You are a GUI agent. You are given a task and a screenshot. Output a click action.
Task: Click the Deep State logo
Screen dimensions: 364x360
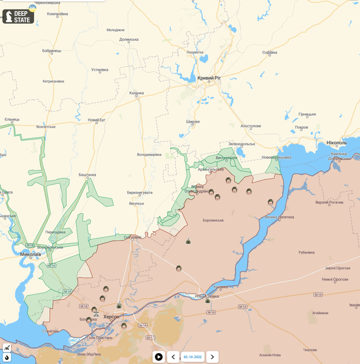[x=18, y=16]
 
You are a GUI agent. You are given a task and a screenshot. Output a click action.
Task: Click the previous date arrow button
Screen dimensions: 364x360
[x=173, y=357]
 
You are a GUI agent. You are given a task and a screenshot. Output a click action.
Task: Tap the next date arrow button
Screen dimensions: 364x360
[x=212, y=357]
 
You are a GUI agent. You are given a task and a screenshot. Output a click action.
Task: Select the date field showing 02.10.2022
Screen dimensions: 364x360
[x=192, y=357]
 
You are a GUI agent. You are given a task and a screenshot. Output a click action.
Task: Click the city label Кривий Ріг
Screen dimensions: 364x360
[x=209, y=78]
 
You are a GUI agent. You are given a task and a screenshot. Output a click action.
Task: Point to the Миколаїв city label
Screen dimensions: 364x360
[x=30, y=254]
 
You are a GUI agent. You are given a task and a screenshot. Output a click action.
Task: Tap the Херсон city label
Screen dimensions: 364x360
[x=111, y=317]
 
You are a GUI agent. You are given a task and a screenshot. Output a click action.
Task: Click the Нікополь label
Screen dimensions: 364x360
[x=336, y=143]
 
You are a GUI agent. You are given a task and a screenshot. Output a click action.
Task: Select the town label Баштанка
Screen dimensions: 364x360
[x=87, y=175]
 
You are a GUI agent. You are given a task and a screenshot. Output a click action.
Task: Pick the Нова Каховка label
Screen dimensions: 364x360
[x=208, y=296]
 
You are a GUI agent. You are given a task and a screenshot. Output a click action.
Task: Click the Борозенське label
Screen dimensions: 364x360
[x=213, y=220]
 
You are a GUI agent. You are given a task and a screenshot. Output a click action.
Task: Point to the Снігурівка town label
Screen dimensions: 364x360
[x=132, y=237]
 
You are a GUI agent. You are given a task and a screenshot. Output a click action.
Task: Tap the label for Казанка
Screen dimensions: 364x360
[x=137, y=93]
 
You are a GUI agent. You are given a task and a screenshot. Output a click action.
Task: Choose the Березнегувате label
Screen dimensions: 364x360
[x=140, y=192]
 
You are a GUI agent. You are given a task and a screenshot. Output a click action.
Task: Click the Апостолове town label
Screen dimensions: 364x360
[x=251, y=126]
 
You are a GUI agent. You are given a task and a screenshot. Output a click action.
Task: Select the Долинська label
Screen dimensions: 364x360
[x=129, y=39]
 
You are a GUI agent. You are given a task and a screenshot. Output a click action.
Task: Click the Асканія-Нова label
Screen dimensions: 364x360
[x=270, y=355]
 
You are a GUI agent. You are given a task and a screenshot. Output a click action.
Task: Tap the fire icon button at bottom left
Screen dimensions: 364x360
[x=7, y=357]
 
